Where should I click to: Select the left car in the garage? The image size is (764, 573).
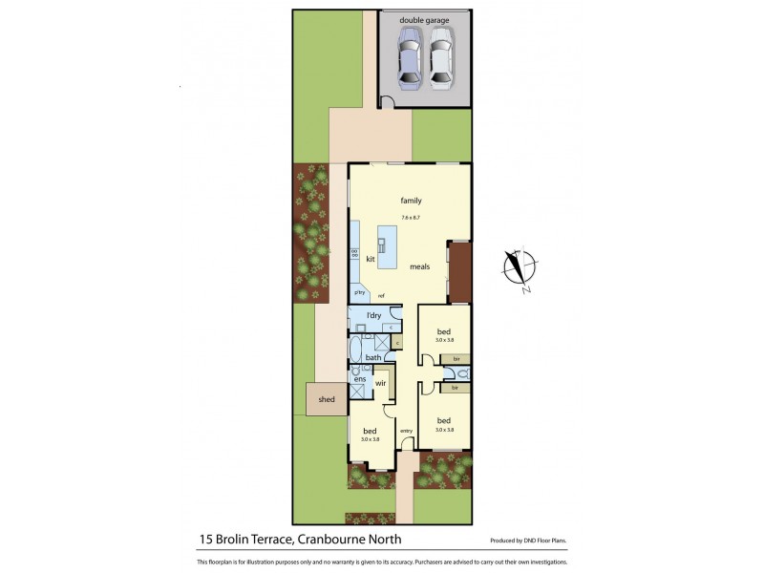coord(410,58)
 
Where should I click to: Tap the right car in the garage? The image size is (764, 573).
coord(439,58)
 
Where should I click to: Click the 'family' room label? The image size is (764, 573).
coord(411,201)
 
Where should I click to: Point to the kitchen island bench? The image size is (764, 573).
coord(387,245)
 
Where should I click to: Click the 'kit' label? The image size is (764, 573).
coord(371,259)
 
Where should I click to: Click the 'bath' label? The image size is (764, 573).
coord(372,358)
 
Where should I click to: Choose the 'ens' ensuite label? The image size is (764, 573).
coord(359,380)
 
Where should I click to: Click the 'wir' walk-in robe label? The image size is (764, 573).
coord(380,383)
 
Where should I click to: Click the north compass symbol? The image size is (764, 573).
coord(520,268)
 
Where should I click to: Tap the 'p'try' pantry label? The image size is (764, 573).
coord(360,292)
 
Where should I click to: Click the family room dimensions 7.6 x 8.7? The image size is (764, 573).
coord(411,219)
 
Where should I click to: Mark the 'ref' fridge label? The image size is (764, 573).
coord(381,295)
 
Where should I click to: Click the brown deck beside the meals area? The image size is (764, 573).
coord(459,272)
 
